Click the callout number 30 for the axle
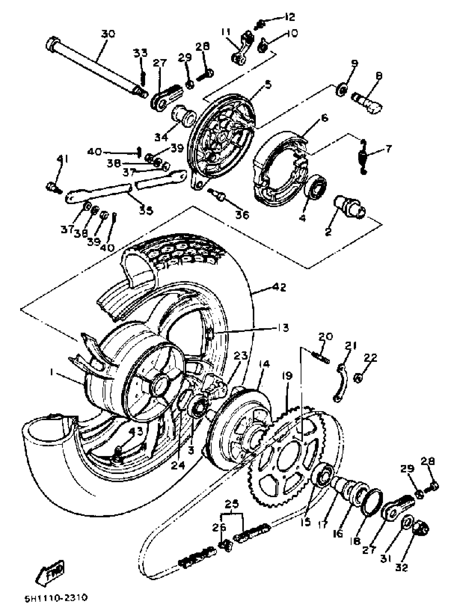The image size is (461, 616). point(108,34)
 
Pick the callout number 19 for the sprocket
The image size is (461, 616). point(287,376)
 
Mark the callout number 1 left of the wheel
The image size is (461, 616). point(51,372)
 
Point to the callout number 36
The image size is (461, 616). point(242,215)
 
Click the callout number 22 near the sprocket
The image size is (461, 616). point(370,358)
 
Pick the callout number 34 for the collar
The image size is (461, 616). point(161,137)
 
